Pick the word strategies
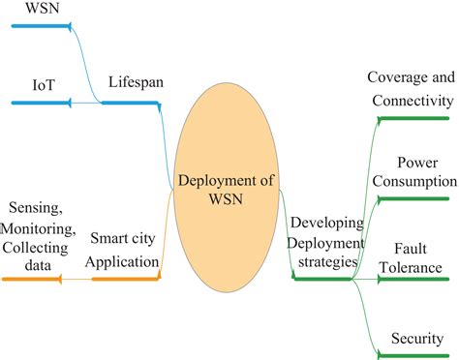(x=326, y=261)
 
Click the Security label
(x=416, y=338)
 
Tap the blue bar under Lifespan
(x=132, y=101)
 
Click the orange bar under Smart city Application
(x=125, y=280)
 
